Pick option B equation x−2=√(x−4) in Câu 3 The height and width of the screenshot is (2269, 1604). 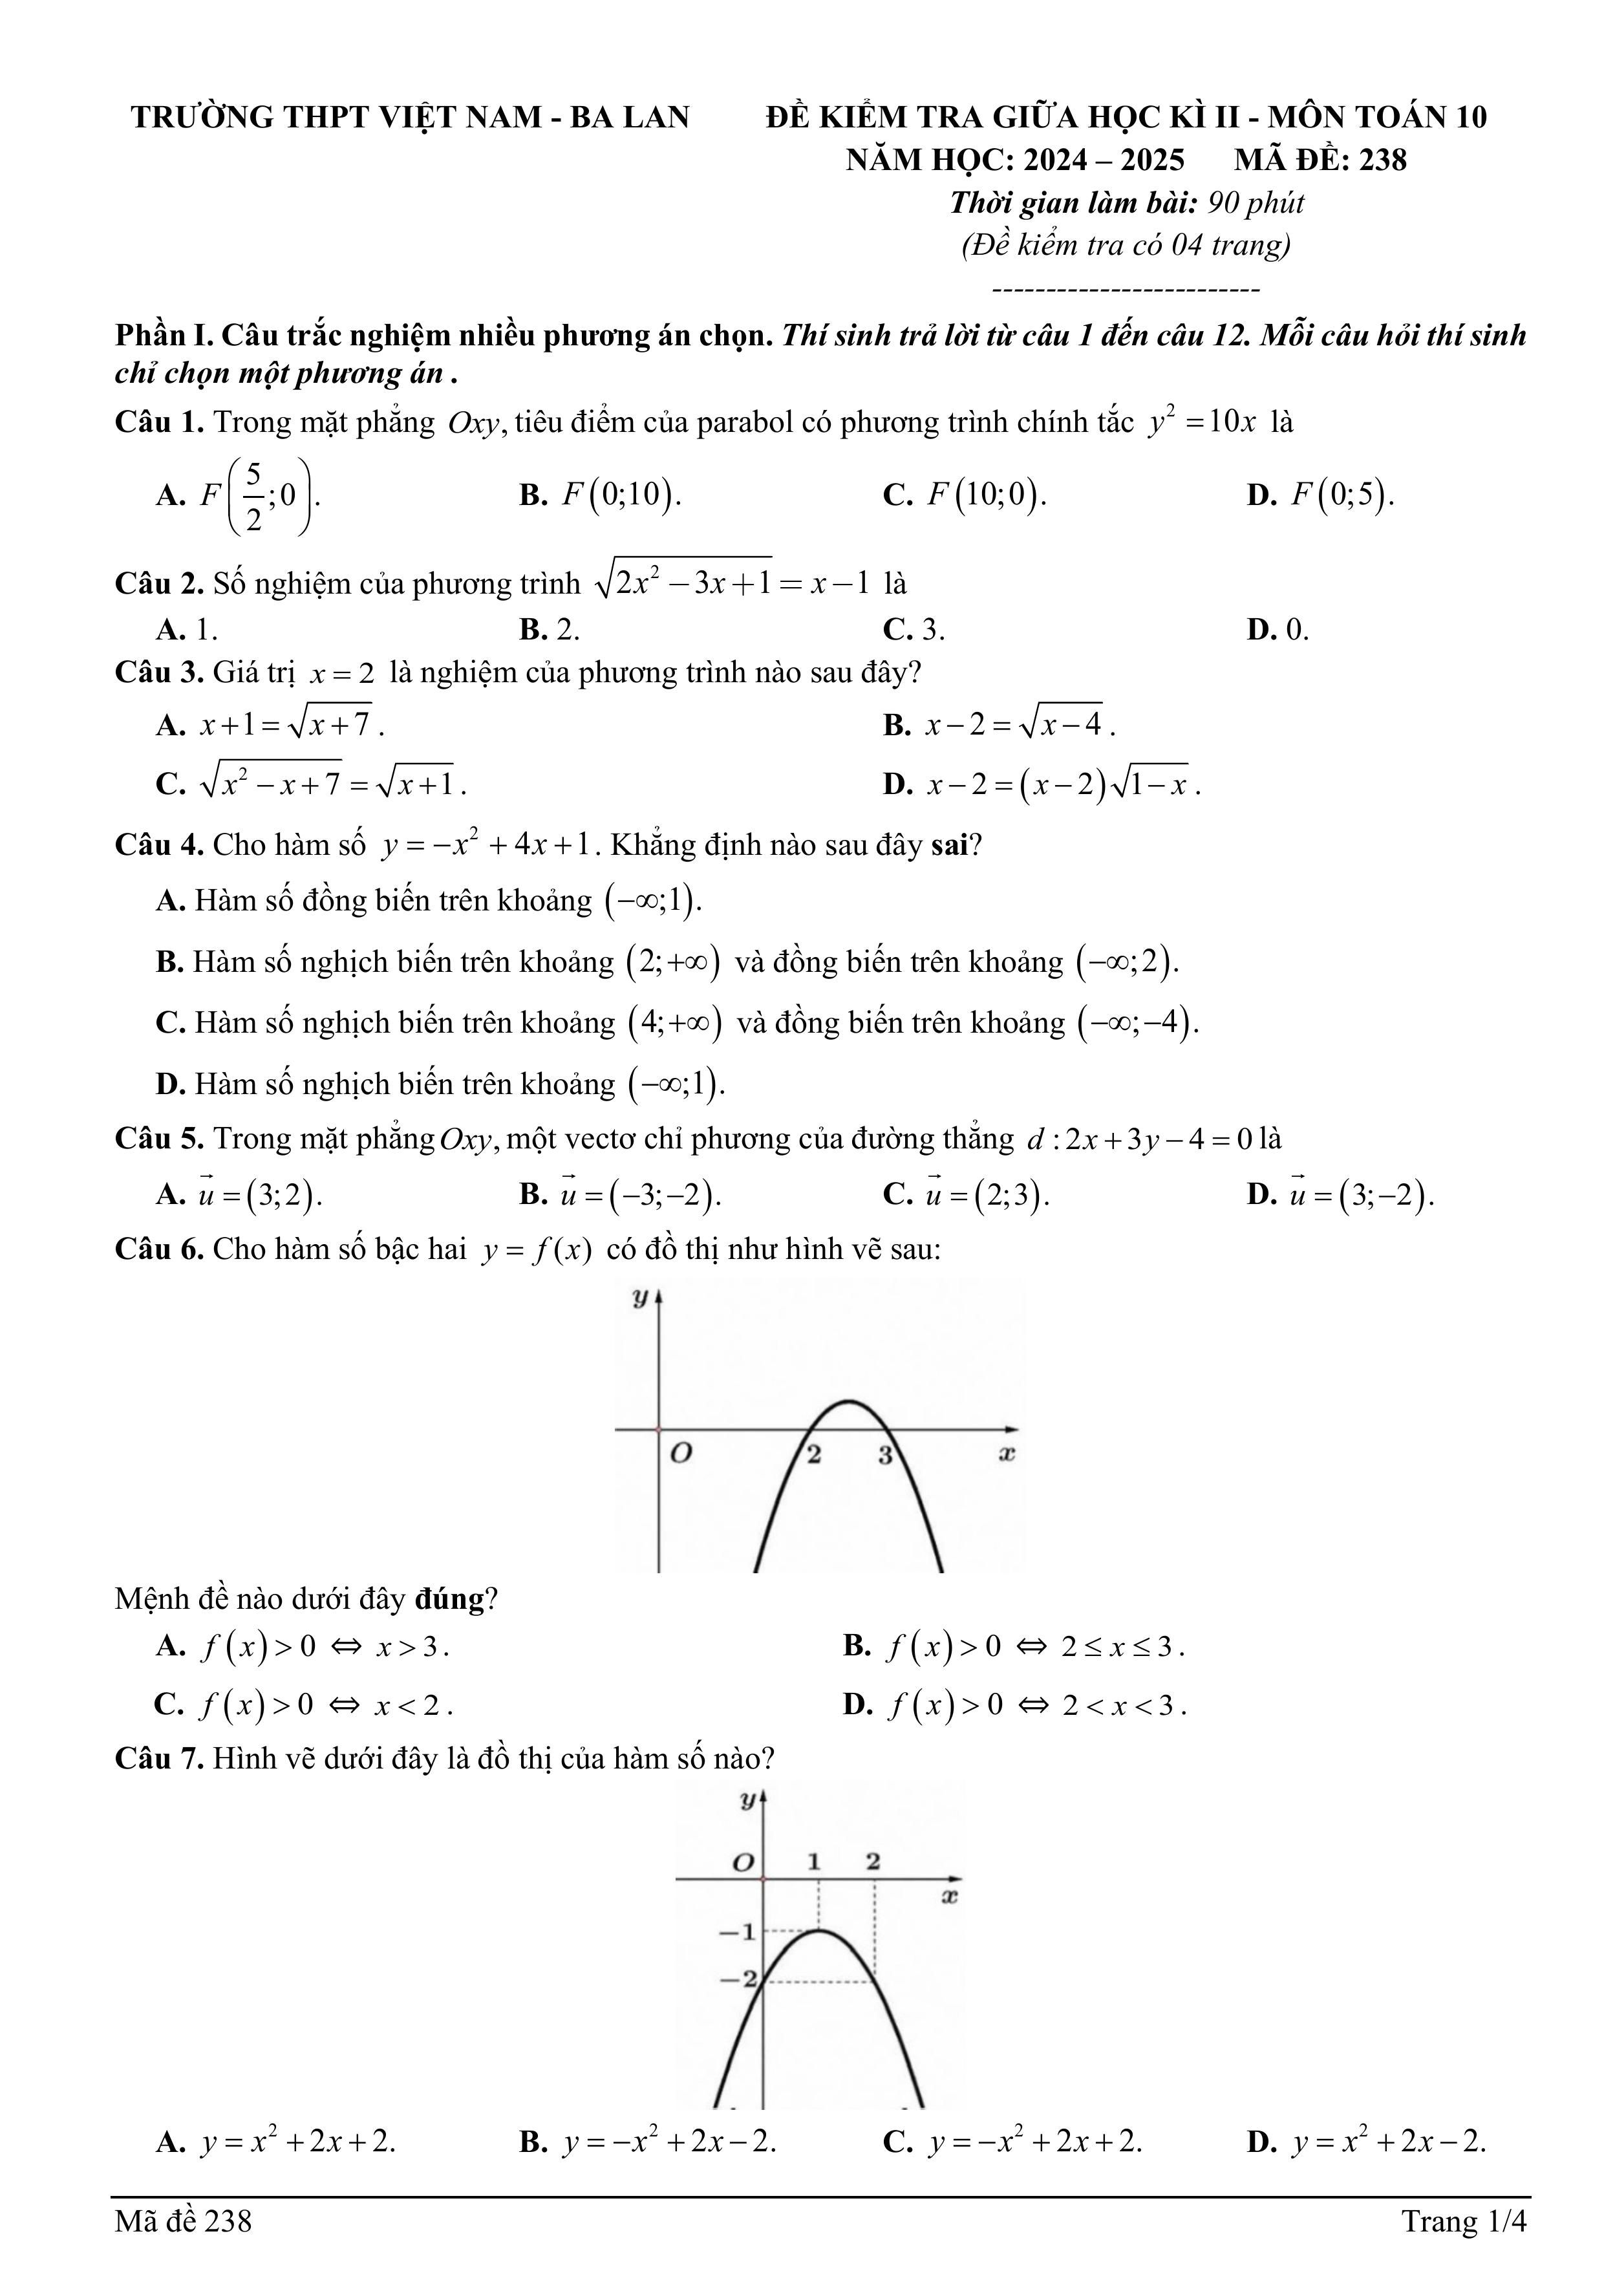pyautogui.click(x=1019, y=726)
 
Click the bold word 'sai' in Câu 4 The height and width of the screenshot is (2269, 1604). pyautogui.click(x=951, y=845)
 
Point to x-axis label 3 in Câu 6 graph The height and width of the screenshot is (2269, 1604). pyautogui.click(x=886, y=1456)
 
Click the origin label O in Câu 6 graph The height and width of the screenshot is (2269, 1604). pyautogui.click(x=680, y=1454)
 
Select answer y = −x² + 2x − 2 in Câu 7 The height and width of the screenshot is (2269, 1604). pyautogui.click(x=670, y=2142)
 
